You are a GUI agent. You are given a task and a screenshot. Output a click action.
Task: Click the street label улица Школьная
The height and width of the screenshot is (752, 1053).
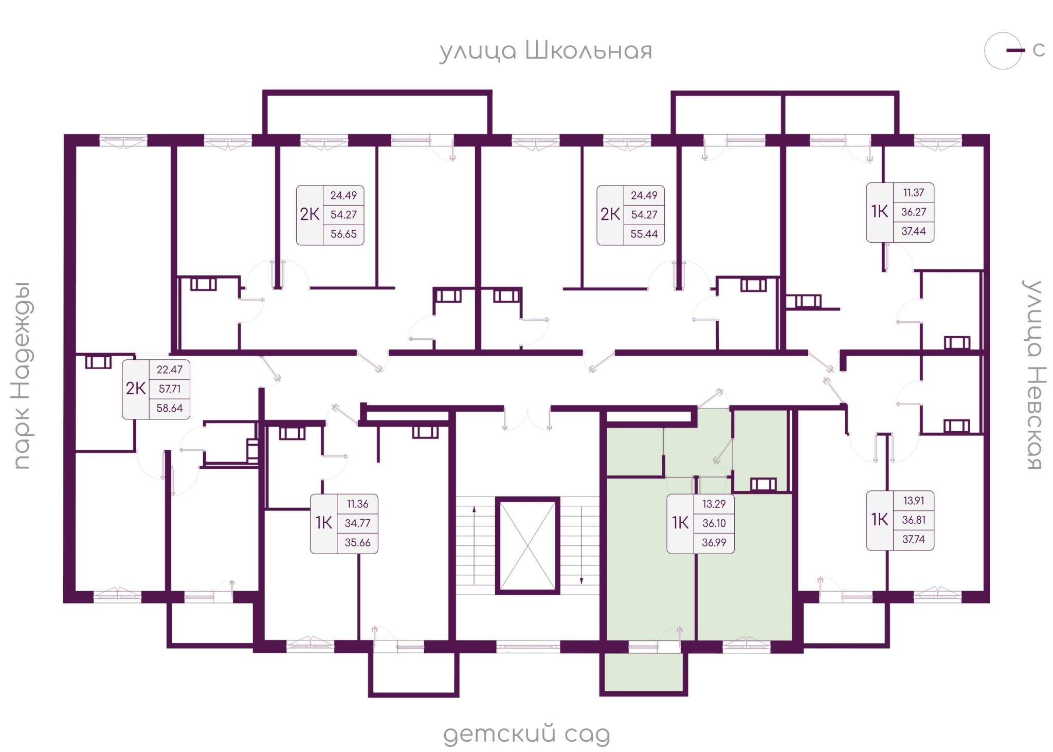(546, 51)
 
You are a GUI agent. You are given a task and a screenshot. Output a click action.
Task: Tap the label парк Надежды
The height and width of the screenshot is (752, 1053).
(22, 376)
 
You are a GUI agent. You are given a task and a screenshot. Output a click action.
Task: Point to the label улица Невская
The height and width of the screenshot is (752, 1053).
(1033, 375)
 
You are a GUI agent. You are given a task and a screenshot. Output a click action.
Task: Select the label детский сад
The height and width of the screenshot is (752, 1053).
(526, 735)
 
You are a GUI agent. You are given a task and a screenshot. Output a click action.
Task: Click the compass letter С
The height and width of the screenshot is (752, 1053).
(1039, 50)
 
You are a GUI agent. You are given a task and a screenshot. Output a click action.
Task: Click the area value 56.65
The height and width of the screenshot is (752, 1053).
(343, 234)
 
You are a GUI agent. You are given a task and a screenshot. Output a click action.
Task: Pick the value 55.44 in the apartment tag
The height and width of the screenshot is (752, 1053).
(644, 234)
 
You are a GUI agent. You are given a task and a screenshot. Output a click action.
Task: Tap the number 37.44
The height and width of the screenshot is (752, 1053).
(913, 231)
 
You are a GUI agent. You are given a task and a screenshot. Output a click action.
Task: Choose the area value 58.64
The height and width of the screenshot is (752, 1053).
(169, 408)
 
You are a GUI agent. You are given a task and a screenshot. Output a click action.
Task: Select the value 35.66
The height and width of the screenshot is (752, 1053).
(357, 542)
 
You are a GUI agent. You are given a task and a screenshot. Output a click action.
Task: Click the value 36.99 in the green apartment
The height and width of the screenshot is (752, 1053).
(714, 542)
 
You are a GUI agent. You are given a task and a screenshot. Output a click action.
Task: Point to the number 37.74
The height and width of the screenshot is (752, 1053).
(913, 539)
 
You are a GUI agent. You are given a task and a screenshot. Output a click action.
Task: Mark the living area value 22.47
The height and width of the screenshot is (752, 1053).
(169, 370)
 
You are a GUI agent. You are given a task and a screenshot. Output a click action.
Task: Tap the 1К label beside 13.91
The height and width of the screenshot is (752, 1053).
(879, 520)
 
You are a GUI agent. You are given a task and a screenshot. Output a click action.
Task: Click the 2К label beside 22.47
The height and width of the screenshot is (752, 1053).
(136, 389)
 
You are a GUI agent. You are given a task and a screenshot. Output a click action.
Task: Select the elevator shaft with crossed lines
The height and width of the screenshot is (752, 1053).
(528, 545)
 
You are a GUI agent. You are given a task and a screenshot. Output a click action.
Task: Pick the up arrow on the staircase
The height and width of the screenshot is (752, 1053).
(474, 545)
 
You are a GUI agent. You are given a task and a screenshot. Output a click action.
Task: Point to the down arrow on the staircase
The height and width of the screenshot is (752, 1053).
(582, 545)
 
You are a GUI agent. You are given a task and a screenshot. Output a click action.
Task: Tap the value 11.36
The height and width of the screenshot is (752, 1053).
(357, 504)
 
